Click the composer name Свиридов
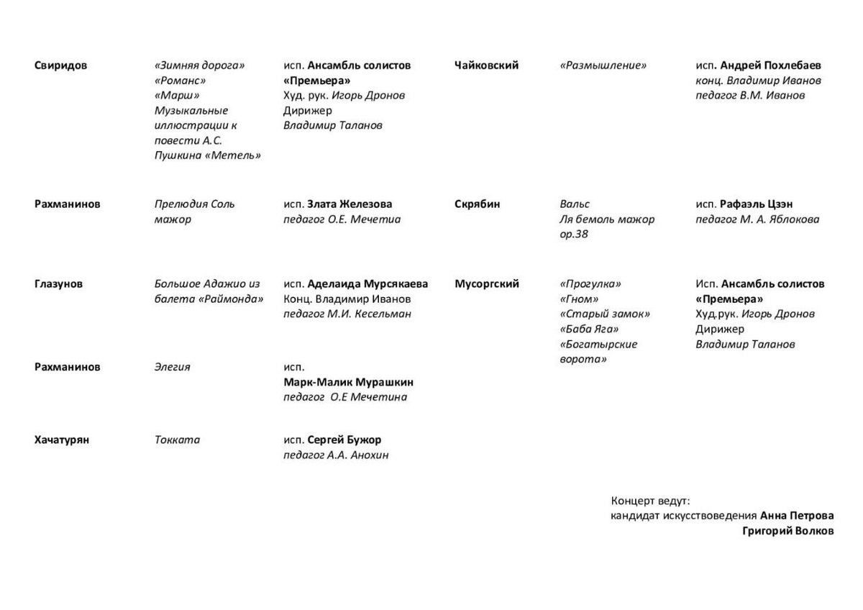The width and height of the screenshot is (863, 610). click(60, 65)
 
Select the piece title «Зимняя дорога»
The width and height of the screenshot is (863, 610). click(199, 65)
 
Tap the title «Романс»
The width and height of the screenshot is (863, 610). click(180, 81)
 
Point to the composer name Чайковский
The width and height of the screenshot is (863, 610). click(486, 65)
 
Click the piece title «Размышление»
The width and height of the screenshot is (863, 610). click(603, 65)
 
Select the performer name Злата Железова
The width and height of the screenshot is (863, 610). click(350, 204)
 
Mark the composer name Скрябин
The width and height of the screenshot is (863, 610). click(477, 204)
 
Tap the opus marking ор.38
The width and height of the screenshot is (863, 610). click(574, 235)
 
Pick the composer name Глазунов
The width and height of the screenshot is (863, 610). click(58, 284)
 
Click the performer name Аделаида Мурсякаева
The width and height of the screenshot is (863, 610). click(367, 284)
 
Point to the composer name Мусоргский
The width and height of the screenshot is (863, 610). click(486, 284)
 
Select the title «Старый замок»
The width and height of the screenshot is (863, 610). click(605, 314)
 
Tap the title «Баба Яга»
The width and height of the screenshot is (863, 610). click(589, 329)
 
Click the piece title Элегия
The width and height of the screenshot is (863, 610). click(172, 367)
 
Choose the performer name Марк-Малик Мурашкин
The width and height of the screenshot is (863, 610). click(348, 382)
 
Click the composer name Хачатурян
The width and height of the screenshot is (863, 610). click(61, 440)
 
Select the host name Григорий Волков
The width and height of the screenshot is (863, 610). click(788, 531)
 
